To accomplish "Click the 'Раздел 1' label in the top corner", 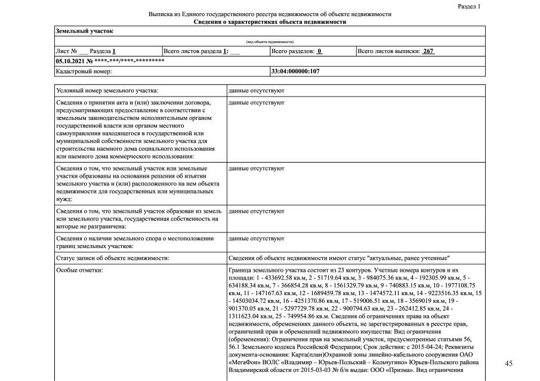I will coord(468,6).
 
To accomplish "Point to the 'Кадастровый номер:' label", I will coord(84,72).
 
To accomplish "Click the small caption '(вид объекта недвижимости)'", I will coord(270,42).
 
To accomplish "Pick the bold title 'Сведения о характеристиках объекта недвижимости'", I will coord(270,21).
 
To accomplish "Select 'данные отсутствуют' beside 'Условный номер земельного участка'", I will coord(256,91).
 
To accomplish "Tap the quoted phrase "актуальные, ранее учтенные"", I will coord(409,258).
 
